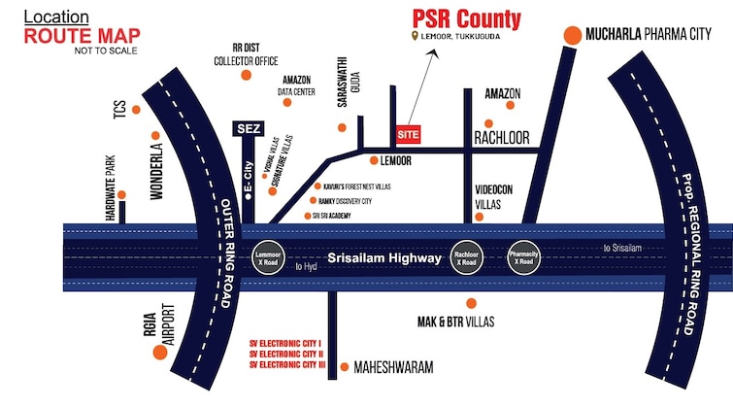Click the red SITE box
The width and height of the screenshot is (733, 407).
pos(409,132)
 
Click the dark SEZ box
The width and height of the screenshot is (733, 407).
pos(250,128)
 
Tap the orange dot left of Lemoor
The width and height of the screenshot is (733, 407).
pos(374,160)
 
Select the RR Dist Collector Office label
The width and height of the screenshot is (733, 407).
pos(246,52)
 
